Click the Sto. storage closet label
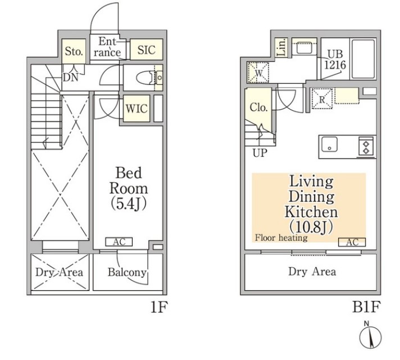pyautogui.click(x=74, y=51)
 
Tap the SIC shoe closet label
pyautogui.click(x=147, y=50)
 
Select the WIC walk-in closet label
pyautogui.click(x=137, y=109)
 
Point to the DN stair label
pyautogui.click(x=71, y=77)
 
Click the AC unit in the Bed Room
pyautogui.click(x=119, y=242)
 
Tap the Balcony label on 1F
pyautogui.click(x=127, y=272)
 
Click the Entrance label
pyautogui.click(x=107, y=47)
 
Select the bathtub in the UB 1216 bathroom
pyautogui.click(x=363, y=58)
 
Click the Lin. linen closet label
pyautogui.click(x=281, y=48)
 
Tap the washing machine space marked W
pyautogui.click(x=258, y=73)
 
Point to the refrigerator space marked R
pyautogui.click(x=322, y=99)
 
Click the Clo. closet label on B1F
pyautogui.click(x=258, y=107)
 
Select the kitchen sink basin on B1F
pyautogui.click(x=329, y=145)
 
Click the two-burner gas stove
pyautogui.click(x=366, y=146)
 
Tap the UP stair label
pyautogui.click(x=260, y=153)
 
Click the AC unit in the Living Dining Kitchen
pyautogui.click(x=352, y=242)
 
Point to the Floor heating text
pyautogui.click(x=281, y=238)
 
